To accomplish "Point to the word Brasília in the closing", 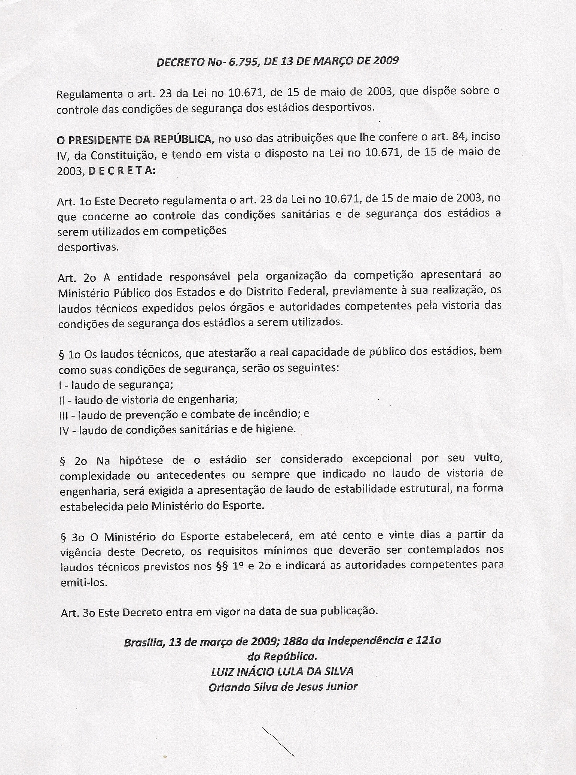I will coord(144,642).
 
